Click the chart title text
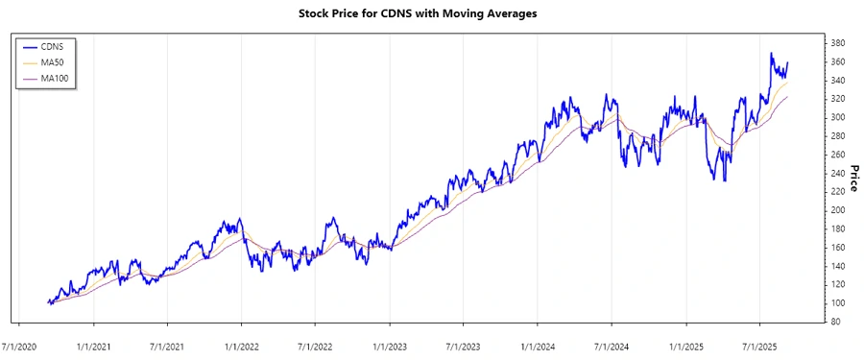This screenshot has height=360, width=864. pyautogui.click(x=431, y=13)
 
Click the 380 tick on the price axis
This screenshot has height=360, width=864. pyautogui.click(x=838, y=43)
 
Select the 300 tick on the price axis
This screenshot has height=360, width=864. pyautogui.click(x=838, y=117)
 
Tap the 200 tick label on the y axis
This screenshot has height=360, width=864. pyautogui.click(x=838, y=210)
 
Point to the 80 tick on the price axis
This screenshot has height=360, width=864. pyautogui.click(x=836, y=322)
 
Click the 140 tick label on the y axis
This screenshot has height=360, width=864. pyautogui.click(x=838, y=266)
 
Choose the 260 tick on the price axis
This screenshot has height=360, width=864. pyautogui.click(x=838, y=155)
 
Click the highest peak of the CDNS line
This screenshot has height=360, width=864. pyautogui.click(x=772, y=54)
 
